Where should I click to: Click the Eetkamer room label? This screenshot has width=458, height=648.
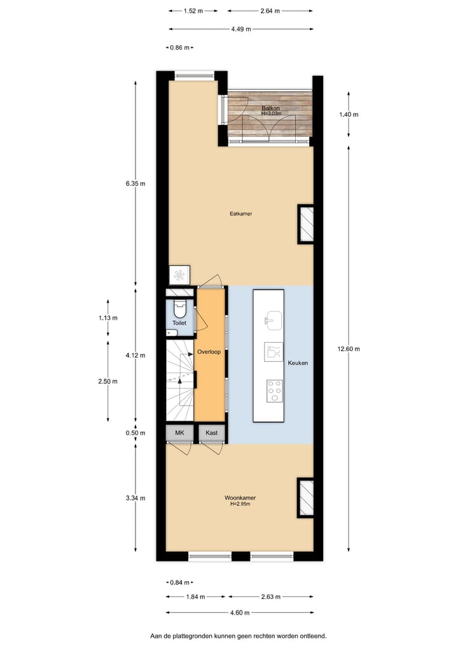coord(241,213)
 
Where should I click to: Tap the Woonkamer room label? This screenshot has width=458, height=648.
coord(240,498)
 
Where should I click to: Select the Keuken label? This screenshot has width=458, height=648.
coord(298,363)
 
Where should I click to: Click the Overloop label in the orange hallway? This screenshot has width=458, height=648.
coord(209,352)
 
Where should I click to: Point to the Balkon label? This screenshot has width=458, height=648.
coord(271,108)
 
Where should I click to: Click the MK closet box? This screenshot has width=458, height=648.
coord(179,433)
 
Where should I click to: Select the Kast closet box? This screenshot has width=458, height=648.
coord(211,433)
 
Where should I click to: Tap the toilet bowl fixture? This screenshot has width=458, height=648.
coord(180,312)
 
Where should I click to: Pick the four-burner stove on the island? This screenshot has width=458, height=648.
coord(274,390)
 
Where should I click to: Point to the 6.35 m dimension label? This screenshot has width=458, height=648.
coord(135,184)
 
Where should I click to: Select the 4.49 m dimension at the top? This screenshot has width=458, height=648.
coord(240,29)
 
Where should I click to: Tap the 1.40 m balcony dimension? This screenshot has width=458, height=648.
coord(349,115)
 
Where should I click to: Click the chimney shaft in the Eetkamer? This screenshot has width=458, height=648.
coord(306,224)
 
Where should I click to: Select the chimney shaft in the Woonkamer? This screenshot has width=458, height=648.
coord(306,497)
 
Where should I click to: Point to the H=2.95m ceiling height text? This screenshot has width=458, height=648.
coord(240,504)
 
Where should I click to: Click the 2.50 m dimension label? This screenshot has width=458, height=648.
coord(108,381)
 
